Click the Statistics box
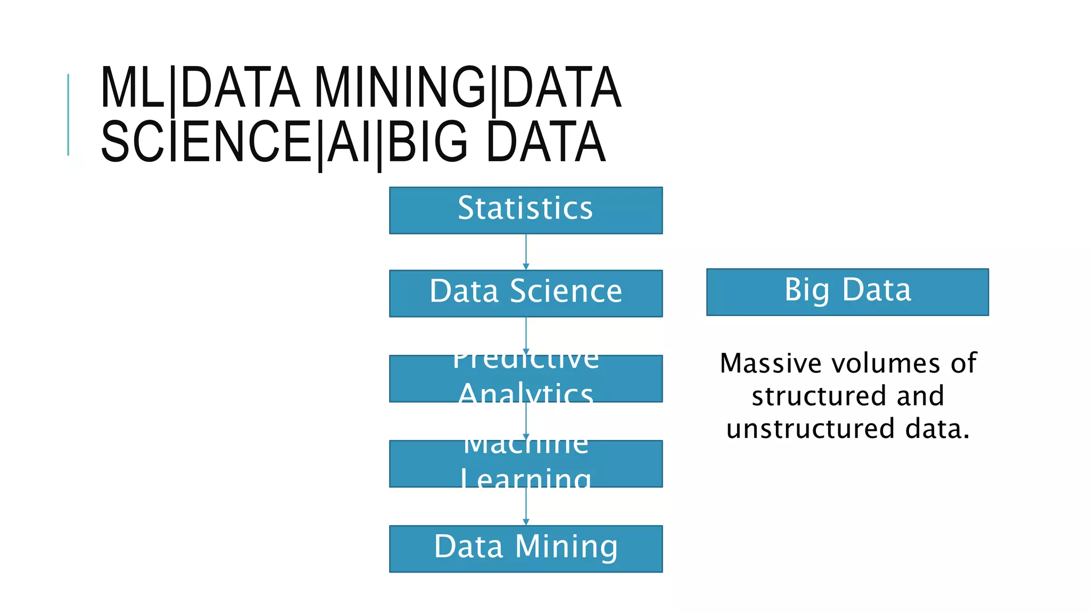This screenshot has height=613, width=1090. point(525,210)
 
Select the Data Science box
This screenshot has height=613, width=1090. point(525,293)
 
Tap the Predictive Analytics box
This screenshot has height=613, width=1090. point(525,378)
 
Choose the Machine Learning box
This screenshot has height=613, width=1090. point(525,463)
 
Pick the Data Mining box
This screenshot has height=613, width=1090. point(525,549)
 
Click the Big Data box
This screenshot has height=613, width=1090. point(847,292)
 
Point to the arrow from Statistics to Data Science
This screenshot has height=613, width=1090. point(526,252)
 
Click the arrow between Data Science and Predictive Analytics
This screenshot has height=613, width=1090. point(526,336)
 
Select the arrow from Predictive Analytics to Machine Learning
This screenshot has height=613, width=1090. point(526,421)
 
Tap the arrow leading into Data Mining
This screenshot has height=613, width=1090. point(526,506)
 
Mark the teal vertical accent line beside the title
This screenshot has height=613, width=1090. point(68,114)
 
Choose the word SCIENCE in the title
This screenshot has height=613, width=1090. point(207,142)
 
